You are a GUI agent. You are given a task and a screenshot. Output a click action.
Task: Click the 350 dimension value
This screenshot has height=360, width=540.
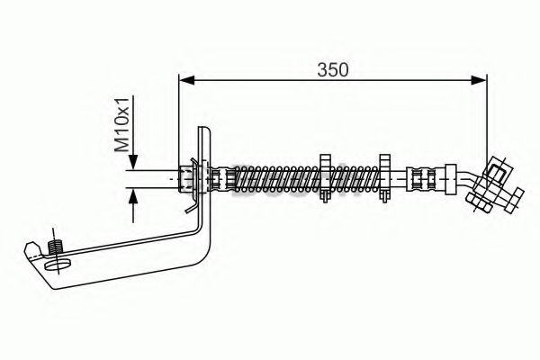(333, 70)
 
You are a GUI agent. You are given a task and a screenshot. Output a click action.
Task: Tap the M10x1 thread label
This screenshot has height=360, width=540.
(121, 125)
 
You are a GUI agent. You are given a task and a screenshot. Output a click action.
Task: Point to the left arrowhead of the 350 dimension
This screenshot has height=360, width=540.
(187, 80)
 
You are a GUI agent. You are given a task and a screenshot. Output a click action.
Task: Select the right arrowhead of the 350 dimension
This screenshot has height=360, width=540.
(479, 80)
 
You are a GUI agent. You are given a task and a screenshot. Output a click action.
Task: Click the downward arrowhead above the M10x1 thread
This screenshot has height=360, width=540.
(133, 162)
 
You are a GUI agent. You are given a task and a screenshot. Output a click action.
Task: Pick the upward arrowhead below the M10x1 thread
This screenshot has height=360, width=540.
(133, 196)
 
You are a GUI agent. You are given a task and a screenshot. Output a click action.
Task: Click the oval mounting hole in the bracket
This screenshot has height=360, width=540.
(58, 265)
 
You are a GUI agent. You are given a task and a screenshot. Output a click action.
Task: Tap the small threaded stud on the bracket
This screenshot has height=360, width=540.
(55, 247)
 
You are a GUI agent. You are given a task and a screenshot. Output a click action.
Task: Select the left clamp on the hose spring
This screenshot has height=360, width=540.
(326, 178)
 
